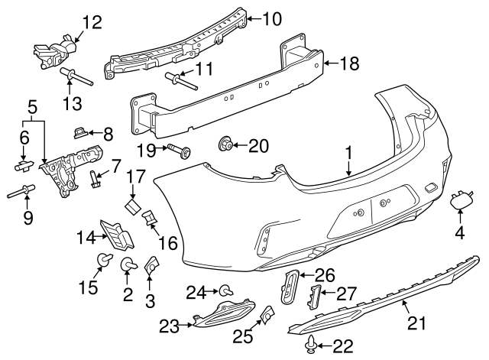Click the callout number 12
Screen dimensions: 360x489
(91, 21)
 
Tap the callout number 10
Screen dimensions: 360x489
(273, 17)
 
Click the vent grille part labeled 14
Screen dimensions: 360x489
(115, 235)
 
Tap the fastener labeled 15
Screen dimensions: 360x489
(99, 263)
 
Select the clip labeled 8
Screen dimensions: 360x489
(82, 132)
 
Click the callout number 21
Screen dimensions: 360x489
(415, 324)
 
